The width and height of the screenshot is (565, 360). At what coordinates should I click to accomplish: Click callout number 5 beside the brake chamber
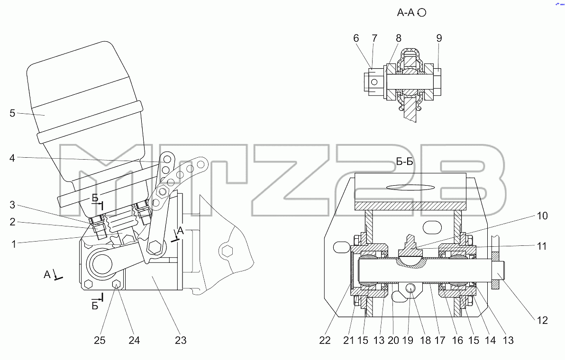coord(12,113)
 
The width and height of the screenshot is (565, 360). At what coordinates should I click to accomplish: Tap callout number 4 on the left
coord(12,158)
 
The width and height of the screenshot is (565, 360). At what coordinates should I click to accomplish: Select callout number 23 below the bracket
coord(181,340)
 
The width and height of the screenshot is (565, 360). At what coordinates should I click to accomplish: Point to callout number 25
coord(100,340)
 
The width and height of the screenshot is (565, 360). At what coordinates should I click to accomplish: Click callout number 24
coord(134,340)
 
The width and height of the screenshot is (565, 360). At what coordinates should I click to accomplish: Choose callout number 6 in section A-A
coord(356,38)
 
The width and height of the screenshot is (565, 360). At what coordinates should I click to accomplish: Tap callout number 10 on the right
coord(542,216)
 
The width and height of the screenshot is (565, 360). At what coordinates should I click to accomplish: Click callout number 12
coord(542,320)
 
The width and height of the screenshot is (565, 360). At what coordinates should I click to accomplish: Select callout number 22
coord(325,340)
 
